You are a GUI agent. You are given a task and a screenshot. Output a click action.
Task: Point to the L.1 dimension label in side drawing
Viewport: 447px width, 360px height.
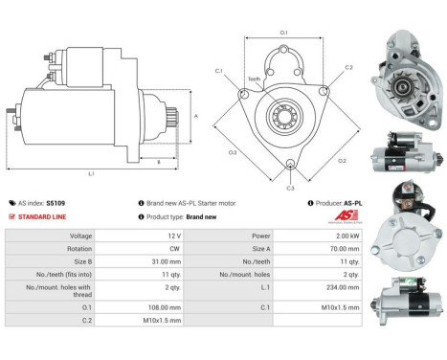click(90, 173)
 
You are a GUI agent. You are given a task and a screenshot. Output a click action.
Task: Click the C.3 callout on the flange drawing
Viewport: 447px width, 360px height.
click(290, 188)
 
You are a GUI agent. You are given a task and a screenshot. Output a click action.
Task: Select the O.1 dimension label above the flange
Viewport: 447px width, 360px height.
click(284, 34)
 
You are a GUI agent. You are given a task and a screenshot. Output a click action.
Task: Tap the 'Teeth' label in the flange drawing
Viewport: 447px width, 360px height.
click(254, 79)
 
